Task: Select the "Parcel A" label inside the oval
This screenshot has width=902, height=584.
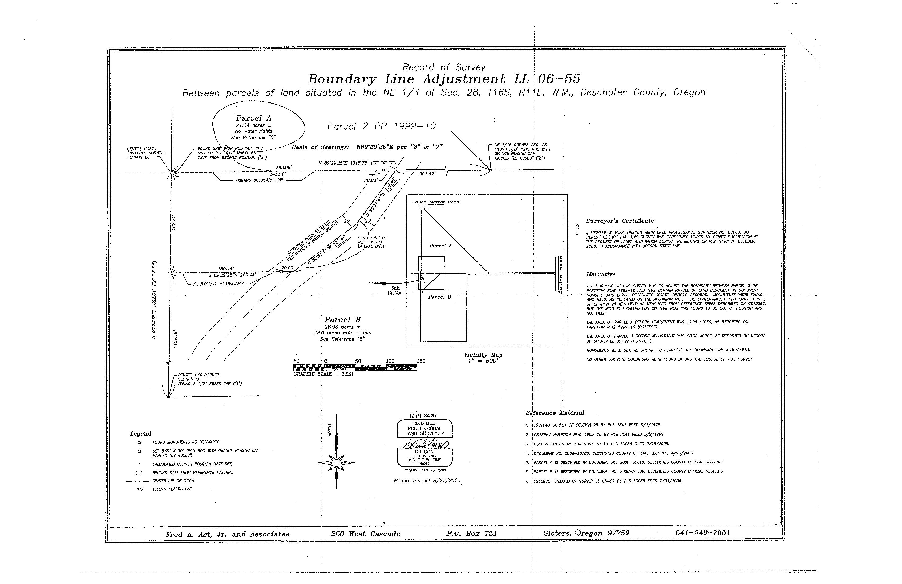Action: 254,118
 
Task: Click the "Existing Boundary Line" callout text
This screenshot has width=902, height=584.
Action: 259,180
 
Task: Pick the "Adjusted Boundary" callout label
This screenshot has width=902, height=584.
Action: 218,284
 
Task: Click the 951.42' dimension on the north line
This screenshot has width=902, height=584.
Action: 427,174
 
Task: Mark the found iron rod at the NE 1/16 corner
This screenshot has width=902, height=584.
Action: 491,170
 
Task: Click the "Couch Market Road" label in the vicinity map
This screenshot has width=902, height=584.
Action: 435,202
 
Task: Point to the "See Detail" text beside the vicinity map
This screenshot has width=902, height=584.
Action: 395,290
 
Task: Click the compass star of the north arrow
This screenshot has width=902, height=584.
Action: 336,463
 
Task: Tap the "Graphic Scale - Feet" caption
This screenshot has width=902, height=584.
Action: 324,374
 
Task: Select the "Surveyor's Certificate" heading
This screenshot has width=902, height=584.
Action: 620,221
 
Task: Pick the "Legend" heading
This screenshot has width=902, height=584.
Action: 141,433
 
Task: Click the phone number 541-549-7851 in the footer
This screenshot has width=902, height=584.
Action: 702,533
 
